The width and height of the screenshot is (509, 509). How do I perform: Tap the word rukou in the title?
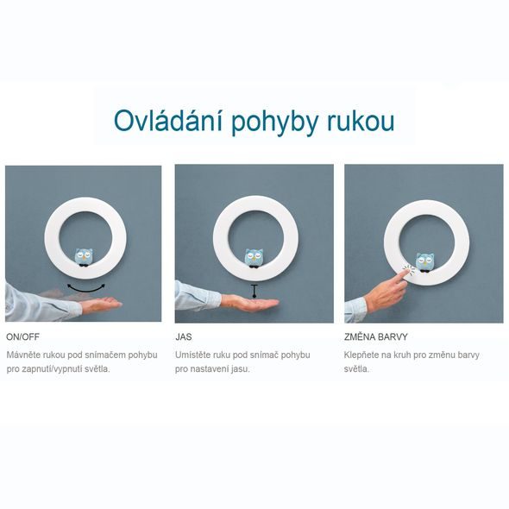pos(355,120)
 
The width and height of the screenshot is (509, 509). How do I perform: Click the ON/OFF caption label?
pos(22,338)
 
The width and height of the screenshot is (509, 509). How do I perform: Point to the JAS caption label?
pos(184,338)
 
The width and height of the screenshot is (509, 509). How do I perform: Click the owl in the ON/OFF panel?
pos(84,257)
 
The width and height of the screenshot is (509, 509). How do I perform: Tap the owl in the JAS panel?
pos(254,257)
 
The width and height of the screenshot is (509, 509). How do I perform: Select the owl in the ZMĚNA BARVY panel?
pos(424,261)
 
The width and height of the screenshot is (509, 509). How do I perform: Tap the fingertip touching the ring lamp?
pos(403,273)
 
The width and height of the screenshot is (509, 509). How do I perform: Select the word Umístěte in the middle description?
pos(193,355)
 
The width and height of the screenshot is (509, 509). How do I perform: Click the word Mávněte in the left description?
pos(23,355)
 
